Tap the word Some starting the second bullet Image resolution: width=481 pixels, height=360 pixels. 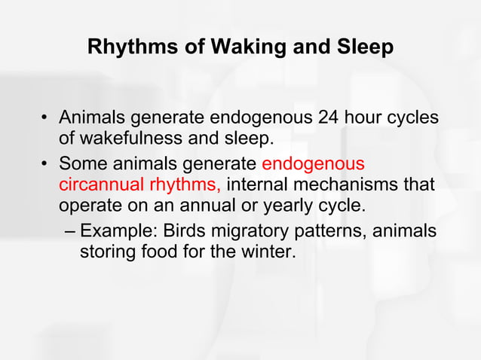click(81, 163)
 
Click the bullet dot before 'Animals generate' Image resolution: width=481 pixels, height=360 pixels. click(46, 120)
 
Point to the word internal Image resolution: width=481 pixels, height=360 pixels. click(253, 185)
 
